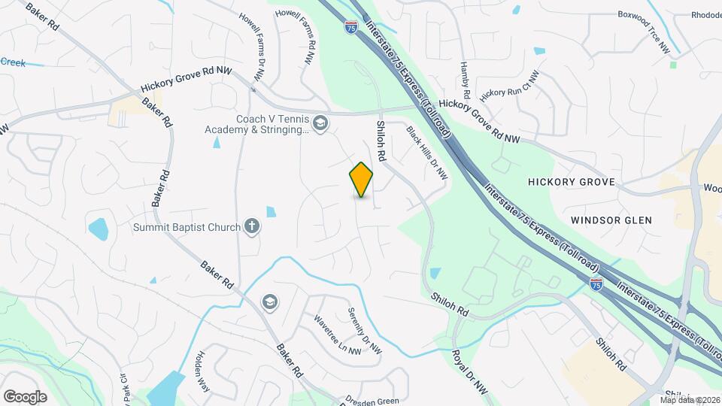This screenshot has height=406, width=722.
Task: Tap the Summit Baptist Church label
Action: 187,227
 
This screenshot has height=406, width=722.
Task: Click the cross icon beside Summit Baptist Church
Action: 252,226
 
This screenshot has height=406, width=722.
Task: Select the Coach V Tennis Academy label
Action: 256,124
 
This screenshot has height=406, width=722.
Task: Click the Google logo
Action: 25,396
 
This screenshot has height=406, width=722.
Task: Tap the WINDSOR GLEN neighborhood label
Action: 611,220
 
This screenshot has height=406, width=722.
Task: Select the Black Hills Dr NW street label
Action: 427,153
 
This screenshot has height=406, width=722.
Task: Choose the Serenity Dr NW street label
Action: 365,332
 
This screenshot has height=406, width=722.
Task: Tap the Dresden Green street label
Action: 374,401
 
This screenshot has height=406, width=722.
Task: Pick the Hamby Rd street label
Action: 464,81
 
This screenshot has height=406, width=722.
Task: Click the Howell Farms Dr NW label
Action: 252,46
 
